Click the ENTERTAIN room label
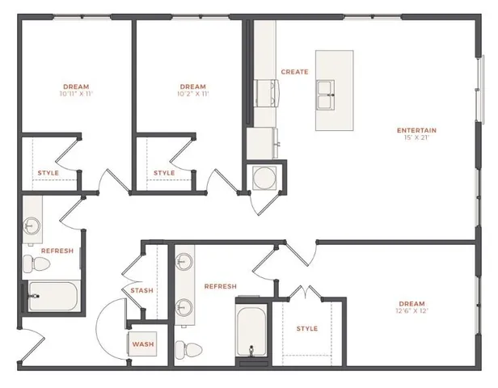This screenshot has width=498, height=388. pos(416,130)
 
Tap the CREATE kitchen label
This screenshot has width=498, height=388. pos(294,72)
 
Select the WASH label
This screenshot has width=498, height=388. pos(143,345)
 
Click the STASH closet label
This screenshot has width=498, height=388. pos(142,290)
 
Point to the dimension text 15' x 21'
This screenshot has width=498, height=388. pos(416,138)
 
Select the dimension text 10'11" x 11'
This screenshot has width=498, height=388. pos(76,95)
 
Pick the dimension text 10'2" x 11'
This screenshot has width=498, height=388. pos(192,95)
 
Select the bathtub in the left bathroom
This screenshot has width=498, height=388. pos(51,296)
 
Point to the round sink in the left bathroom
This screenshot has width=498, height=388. pos(33,225)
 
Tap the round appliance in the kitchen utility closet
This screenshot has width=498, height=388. pos(265,177)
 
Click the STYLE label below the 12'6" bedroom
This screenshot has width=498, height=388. pos(306,328)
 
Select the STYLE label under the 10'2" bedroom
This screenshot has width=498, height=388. pos(163,173)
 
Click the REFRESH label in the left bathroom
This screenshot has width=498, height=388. pos(57,251)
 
